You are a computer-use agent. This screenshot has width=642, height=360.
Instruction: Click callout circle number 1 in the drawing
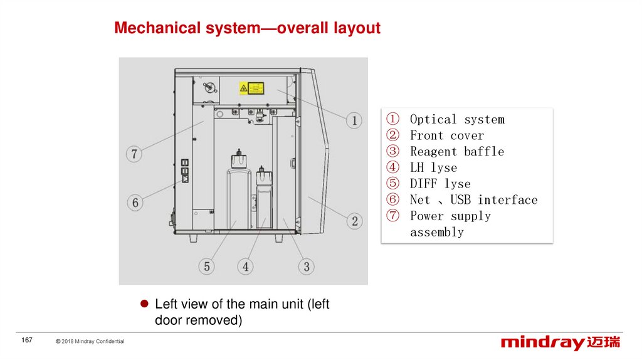(x=354, y=120)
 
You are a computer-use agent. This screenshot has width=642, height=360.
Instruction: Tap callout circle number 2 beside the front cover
(x=354, y=221)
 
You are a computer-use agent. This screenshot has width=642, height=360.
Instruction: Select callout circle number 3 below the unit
(x=306, y=266)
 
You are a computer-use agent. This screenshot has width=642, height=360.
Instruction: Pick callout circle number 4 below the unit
(x=246, y=266)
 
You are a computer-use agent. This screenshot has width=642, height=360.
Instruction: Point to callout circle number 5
(x=207, y=266)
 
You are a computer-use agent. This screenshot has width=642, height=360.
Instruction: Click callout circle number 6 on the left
(x=135, y=203)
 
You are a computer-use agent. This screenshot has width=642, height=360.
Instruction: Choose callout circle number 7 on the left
(x=134, y=153)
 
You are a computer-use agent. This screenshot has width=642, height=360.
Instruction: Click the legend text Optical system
(x=456, y=119)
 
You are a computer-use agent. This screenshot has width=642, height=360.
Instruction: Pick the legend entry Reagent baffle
(x=456, y=151)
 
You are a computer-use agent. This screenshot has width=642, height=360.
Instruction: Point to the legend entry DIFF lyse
(x=440, y=184)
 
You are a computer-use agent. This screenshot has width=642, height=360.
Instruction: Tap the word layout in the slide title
(x=356, y=28)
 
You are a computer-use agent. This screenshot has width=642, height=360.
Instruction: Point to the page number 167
(x=27, y=340)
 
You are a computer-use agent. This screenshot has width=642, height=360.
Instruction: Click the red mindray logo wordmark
(x=543, y=342)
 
